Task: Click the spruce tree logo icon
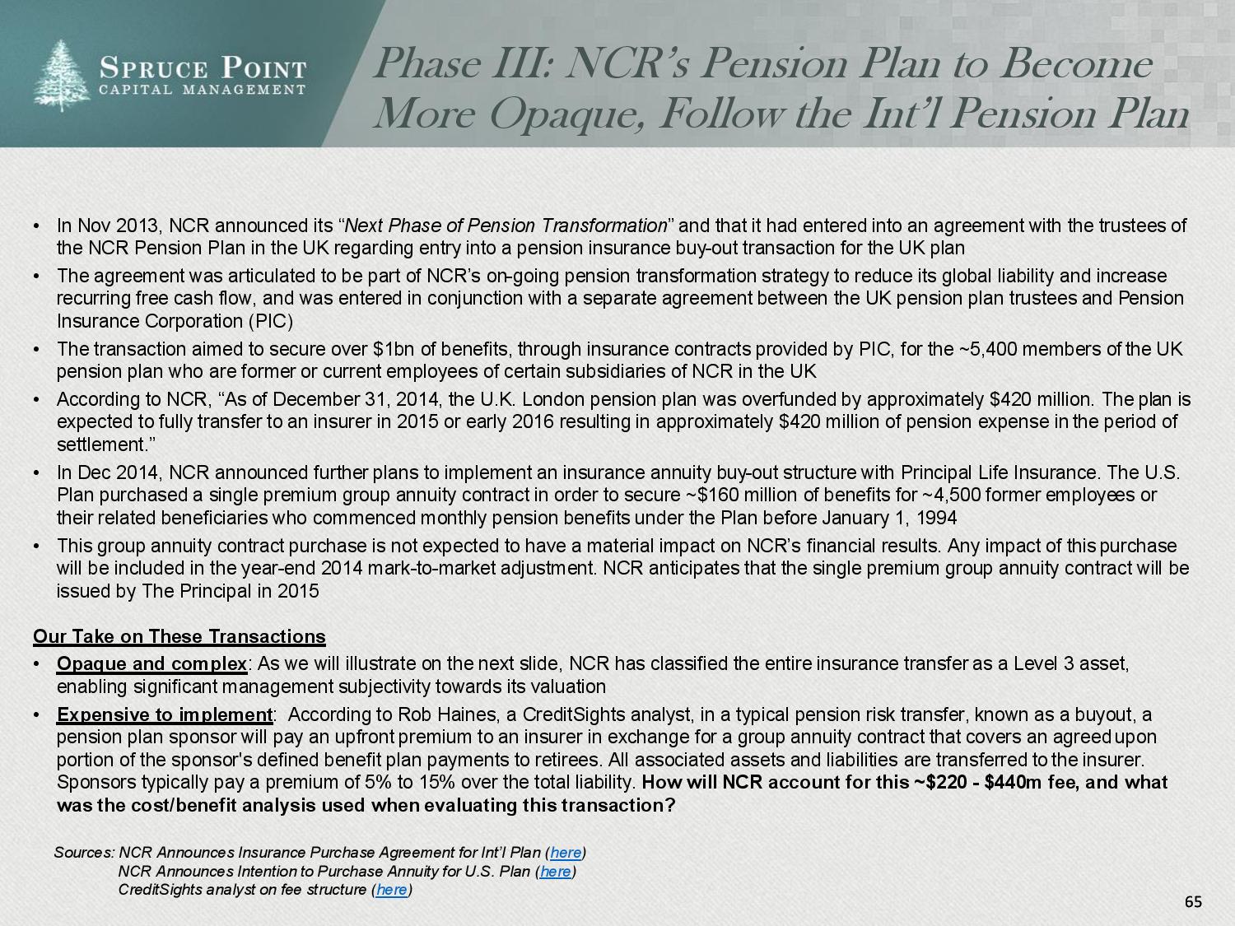click(x=62, y=75)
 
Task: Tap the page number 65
click(x=1193, y=902)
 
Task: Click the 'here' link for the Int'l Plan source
click(x=566, y=853)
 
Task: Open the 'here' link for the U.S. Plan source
click(x=556, y=872)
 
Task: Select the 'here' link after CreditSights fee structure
click(x=392, y=890)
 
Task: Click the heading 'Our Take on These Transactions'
click(x=179, y=636)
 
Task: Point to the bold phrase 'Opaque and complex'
click(x=151, y=663)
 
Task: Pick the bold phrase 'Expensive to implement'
click(x=164, y=714)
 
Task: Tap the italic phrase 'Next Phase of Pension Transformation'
click(x=506, y=226)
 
